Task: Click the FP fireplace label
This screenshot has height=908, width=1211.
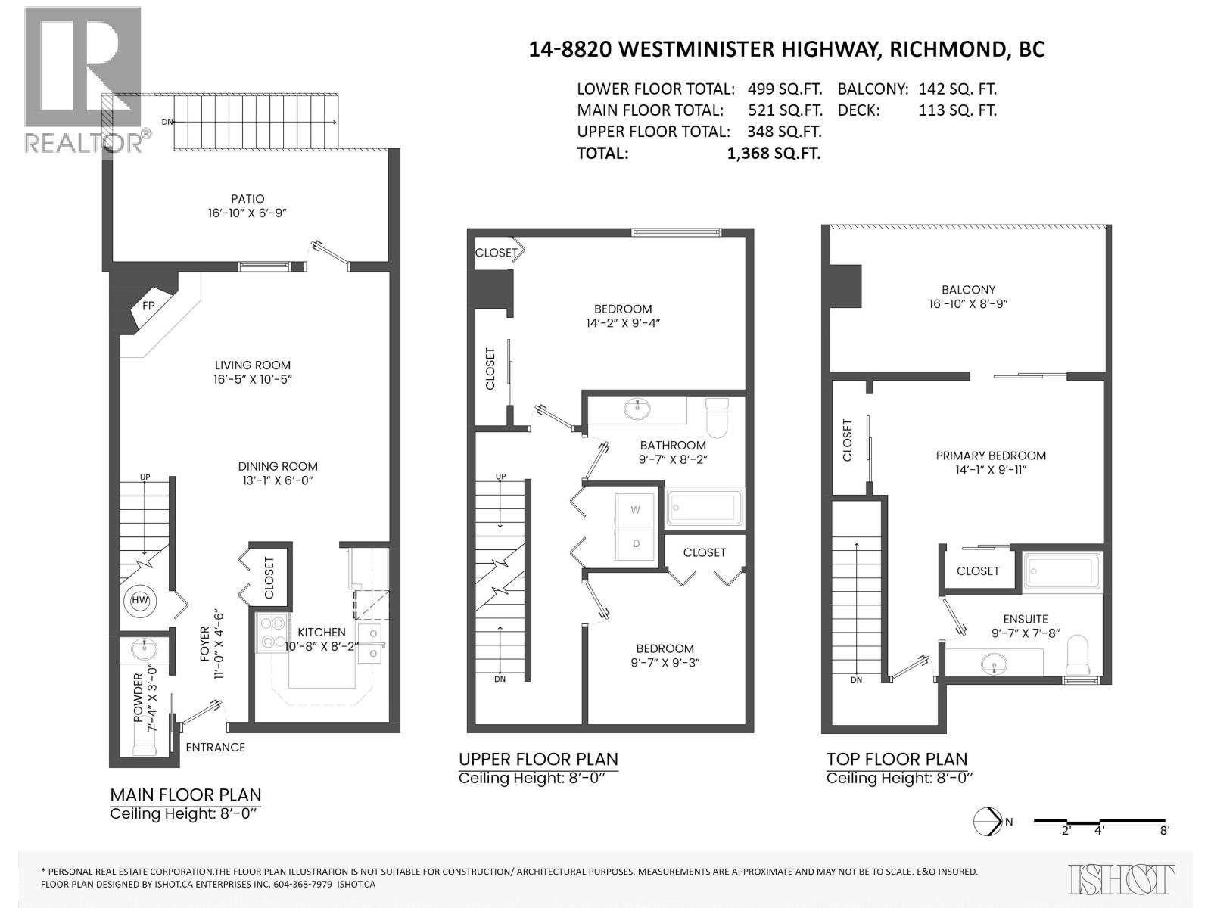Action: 148,306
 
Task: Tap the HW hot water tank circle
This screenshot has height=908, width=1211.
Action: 140,600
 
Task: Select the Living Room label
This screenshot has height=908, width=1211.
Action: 252,365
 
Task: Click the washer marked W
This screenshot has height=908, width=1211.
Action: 636,510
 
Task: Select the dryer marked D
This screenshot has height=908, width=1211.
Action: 636,544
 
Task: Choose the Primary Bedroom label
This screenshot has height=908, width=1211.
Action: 991,456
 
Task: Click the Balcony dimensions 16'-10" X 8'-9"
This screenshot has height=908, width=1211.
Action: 968,303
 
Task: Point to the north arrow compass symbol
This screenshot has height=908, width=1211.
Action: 987,821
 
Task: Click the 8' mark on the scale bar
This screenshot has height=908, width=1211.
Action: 1164,830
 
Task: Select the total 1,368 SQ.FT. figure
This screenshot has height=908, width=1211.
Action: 774,153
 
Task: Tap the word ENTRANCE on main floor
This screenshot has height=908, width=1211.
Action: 215,747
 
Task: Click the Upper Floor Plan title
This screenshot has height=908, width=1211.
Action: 538,759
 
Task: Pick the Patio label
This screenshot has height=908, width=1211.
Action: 247,199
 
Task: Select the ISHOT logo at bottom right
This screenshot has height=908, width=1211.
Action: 1121,878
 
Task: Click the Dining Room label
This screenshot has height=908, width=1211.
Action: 278,466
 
